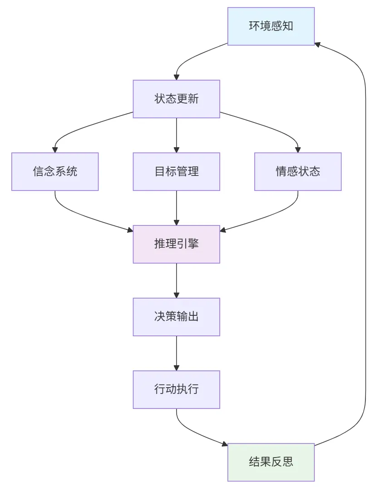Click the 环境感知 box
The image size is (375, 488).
(x=271, y=26)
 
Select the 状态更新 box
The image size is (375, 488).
(x=176, y=99)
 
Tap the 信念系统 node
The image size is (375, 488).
(x=55, y=171)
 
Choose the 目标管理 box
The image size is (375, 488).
(x=176, y=171)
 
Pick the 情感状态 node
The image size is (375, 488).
(x=298, y=171)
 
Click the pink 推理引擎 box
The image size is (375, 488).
(x=176, y=244)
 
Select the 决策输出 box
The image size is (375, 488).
(x=176, y=317)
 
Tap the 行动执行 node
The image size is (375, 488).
(x=176, y=389)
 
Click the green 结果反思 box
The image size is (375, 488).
(x=271, y=462)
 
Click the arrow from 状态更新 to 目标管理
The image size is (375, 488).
(x=176, y=134)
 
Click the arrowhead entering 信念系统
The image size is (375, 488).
(x=55, y=149)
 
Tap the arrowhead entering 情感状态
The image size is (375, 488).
(x=298, y=149)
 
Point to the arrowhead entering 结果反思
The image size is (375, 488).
(x=224, y=443)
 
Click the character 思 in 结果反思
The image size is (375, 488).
(x=287, y=462)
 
